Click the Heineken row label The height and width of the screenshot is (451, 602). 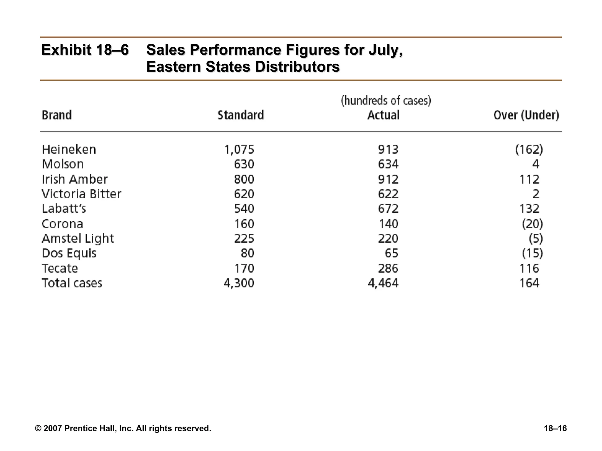coord(69,149)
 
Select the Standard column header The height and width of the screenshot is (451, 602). coord(240,115)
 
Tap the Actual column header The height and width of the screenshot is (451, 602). coord(383,115)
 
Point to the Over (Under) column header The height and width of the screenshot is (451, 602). coord(526,115)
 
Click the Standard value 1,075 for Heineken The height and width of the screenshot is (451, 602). coord(239,150)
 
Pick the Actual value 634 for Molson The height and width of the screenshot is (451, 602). coord(388,164)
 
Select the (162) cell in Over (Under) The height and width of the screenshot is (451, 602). coord(529,150)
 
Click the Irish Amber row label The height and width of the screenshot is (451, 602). coord(75,179)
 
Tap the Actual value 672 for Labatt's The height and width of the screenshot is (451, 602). coord(388,209)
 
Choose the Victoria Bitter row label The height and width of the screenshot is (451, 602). coord(81,194)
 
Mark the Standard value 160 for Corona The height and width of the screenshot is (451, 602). coord(244,224)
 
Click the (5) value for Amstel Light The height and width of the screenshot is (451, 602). coord(536,239)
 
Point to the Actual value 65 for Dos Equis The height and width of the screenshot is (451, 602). coord(392,253)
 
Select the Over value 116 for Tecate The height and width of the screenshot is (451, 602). coord(529,268)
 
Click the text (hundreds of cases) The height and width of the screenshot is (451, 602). coord(386,101)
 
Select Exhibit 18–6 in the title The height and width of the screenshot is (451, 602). coord(85,50)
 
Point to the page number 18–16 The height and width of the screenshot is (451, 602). coord(555,428)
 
